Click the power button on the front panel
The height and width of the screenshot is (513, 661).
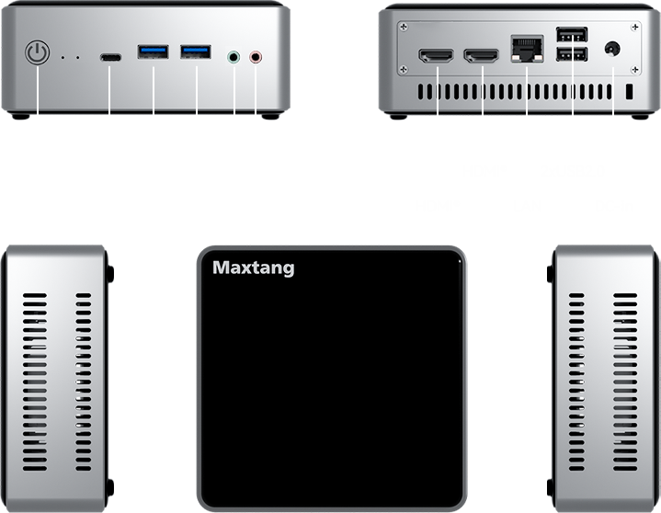pyautogui.click(x=37, y=53)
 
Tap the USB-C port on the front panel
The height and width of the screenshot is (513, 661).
pyautogui.click(x=110, y=56)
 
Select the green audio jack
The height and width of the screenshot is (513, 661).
pyautogui.click(x=234, y=57)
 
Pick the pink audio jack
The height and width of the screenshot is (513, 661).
pyautogui.click(x=256, y=57)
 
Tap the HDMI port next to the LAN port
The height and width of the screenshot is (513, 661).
pyautogui.click(x=482, y=57)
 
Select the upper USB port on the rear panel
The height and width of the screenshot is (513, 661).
pyautogui.click(x=573, y=36)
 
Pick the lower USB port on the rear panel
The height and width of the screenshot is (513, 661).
pyautogui.click(x=573, y=57)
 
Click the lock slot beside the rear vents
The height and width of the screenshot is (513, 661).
pyautogui.click(x=631, y=93)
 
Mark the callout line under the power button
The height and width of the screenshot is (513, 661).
pyautogui.click(x=38, y=97)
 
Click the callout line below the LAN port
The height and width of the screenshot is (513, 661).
pyautogui.click(x=527, y=92)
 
